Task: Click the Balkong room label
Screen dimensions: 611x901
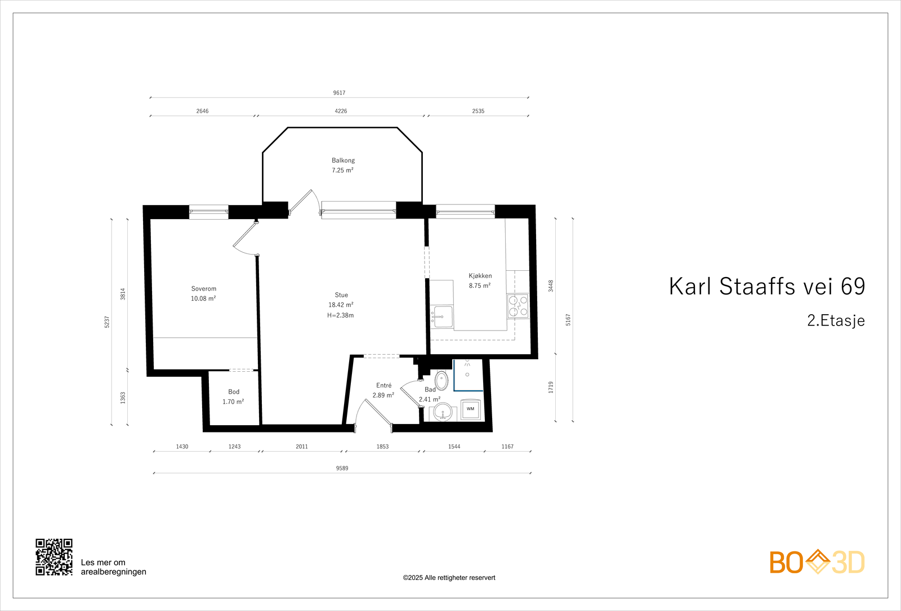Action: [343, 160]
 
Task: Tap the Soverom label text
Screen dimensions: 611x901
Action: [203, 289]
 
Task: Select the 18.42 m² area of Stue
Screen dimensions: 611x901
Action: [341, 305]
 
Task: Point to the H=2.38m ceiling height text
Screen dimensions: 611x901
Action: [340, 315]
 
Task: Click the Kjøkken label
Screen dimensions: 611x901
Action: [480, 276]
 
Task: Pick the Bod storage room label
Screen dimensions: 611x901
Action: [234, 392]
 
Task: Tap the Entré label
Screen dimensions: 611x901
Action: [383, 386]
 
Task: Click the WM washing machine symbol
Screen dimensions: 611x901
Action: [470, 409]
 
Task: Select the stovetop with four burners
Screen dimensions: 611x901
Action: [518, 306]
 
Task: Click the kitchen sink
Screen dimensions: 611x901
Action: [443, 317]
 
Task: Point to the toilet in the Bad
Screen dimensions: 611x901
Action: [442, 380]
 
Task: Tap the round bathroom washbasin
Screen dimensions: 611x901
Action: [444, 412]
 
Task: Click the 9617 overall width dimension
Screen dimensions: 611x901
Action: [339, 93]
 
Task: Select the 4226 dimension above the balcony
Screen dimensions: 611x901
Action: [341, 112]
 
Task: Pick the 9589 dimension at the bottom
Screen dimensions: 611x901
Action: [342, 469]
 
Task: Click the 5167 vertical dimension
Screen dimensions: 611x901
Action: [568, 320]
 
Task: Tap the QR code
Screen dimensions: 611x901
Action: [54, 557]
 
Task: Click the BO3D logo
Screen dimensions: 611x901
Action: [817, 562]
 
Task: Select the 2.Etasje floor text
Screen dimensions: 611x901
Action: [836, 320]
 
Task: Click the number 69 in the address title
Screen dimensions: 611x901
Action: [853, 287]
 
